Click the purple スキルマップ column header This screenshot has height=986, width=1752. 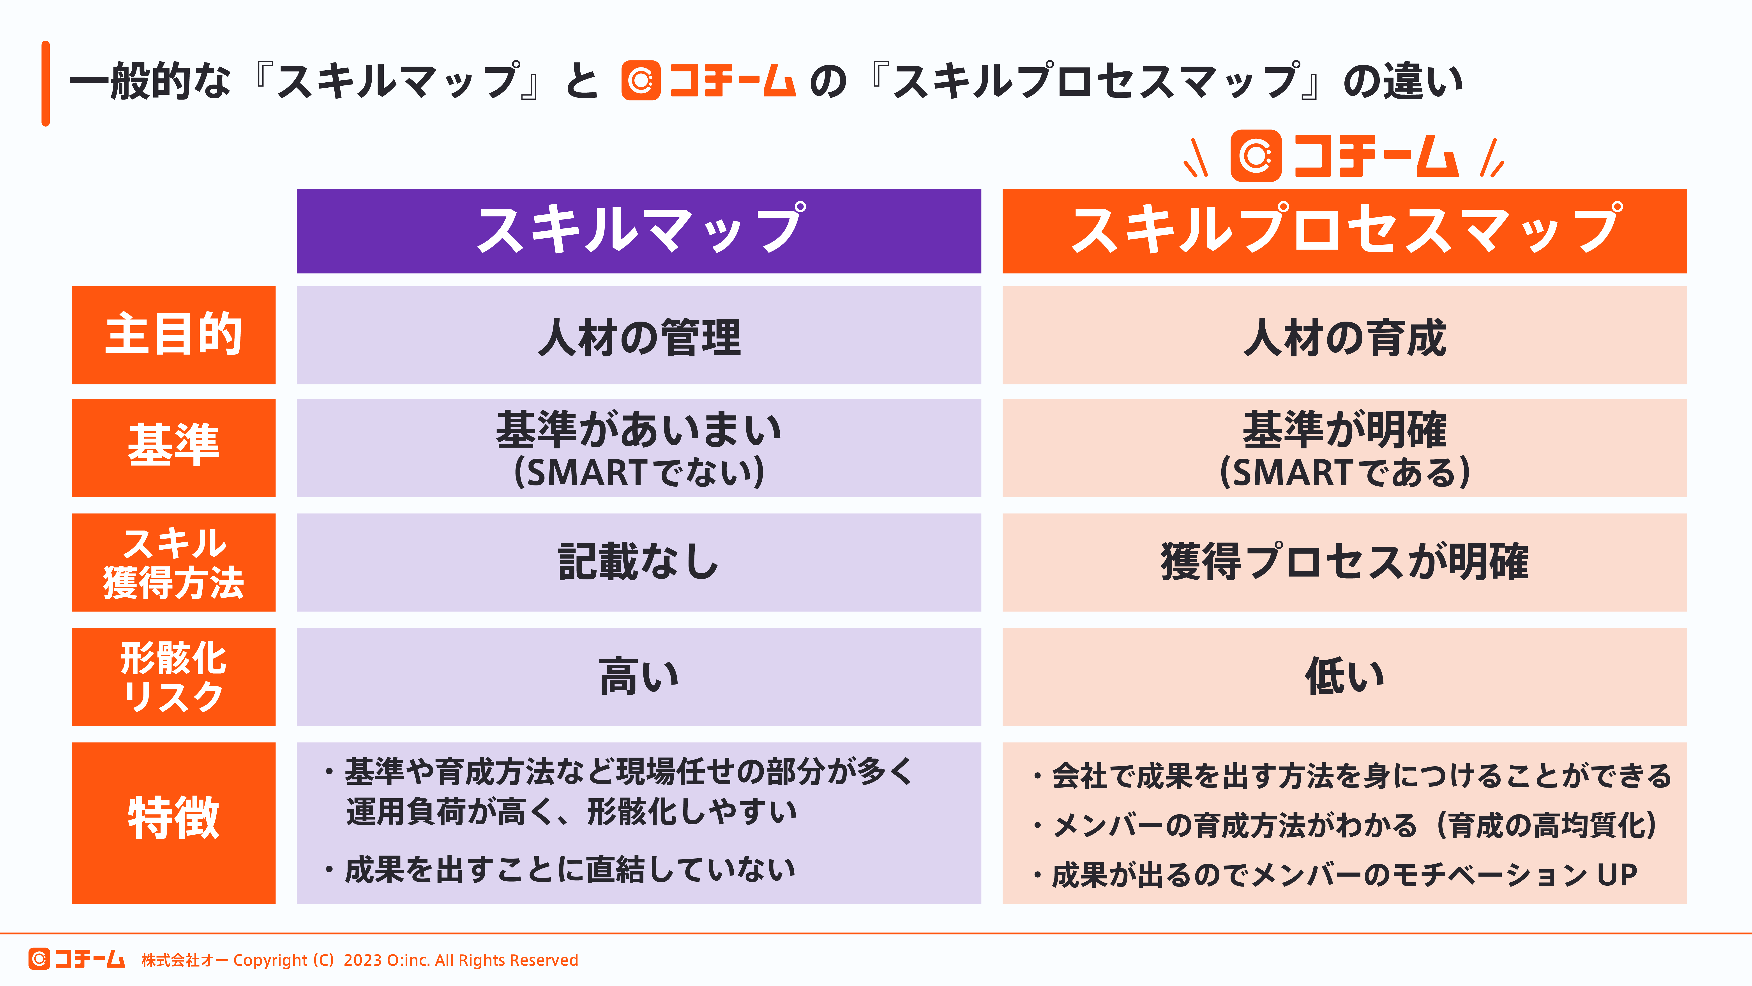639,231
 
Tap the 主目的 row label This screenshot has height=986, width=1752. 173,335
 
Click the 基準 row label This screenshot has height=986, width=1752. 173,447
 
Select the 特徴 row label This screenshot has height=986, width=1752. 173,822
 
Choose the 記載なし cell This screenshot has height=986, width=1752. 639,562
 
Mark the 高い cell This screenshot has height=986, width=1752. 639,676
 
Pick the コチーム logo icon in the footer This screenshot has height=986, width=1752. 39,959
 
